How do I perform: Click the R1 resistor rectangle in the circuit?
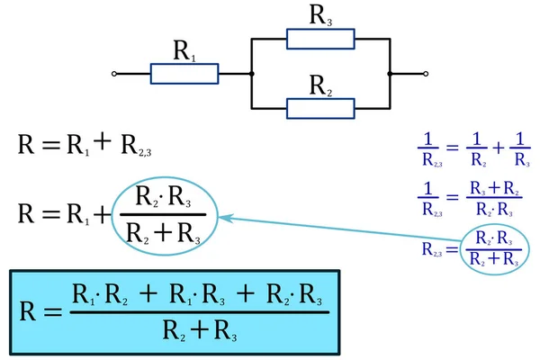pos(184,74)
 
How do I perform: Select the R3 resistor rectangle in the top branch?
pos(321,39)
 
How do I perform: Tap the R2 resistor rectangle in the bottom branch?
pos(321,109)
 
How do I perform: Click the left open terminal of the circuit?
pos(112,74)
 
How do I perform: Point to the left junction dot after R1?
pos(252,74)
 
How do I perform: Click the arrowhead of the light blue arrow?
pos(225,217)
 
